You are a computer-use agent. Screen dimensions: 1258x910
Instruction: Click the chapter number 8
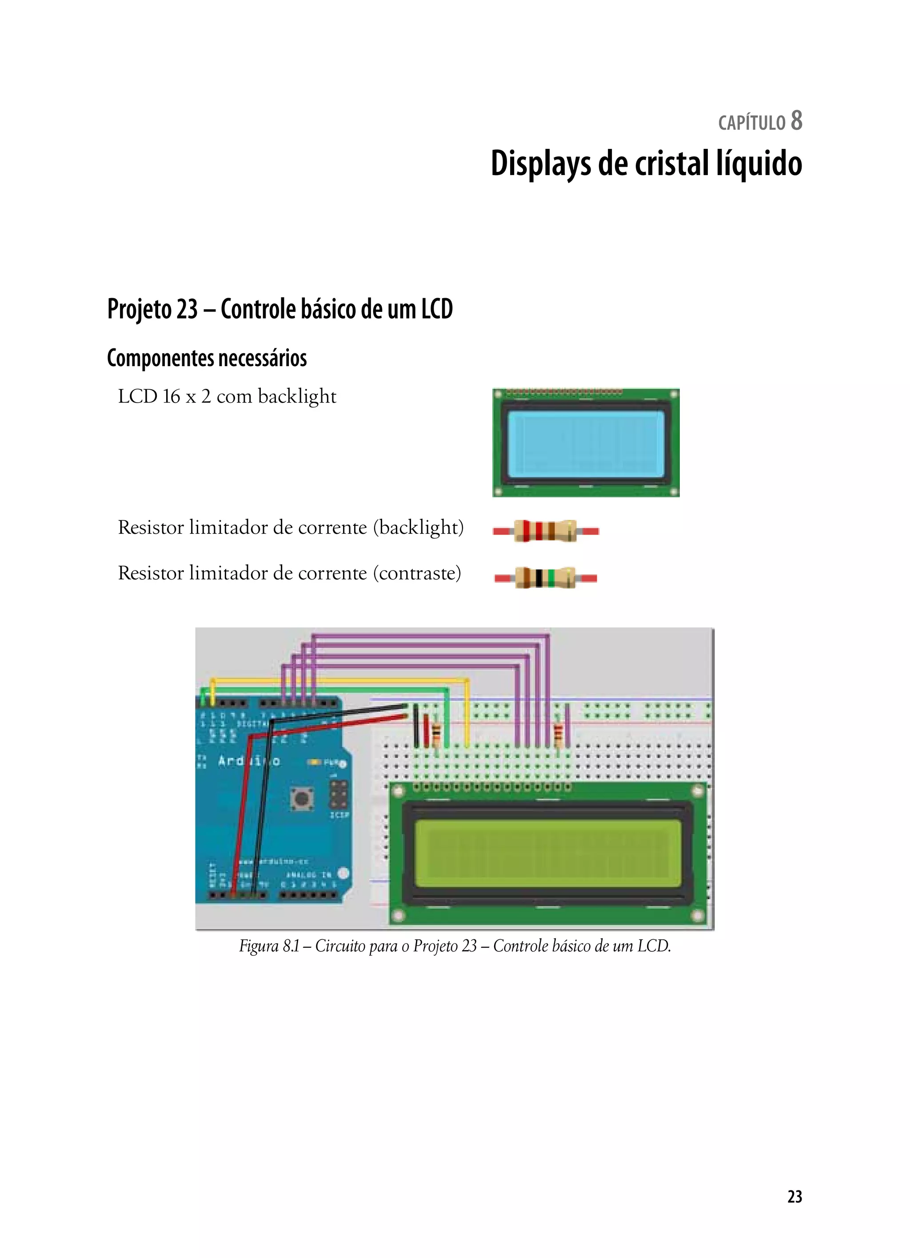(x=796, y=120)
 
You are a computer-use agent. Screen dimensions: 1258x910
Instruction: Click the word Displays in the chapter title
(x=541, y=164)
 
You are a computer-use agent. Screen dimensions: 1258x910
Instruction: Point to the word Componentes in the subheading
(x=161, y=358)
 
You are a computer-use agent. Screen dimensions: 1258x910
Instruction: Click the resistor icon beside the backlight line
(x=546, y=531)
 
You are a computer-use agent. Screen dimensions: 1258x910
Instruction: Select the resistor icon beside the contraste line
(x=546, y=577)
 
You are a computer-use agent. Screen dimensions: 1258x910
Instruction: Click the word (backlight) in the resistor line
(x=418, y=527)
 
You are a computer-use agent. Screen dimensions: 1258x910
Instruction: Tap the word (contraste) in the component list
(x=416, y=573)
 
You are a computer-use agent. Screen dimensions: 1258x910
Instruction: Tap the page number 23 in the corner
(x=794, y=1196)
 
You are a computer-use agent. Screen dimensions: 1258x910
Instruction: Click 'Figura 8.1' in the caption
(x=269, y=946)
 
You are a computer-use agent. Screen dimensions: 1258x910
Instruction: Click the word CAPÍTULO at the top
(x=751, y=123)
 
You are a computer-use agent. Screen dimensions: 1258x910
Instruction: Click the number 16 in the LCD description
(x=172, y=396)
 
